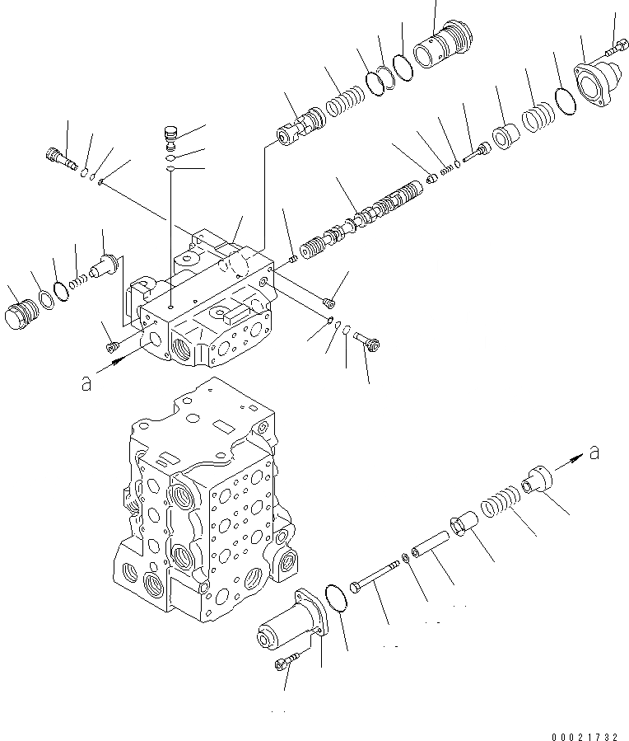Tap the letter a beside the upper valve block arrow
pos(86,383)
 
